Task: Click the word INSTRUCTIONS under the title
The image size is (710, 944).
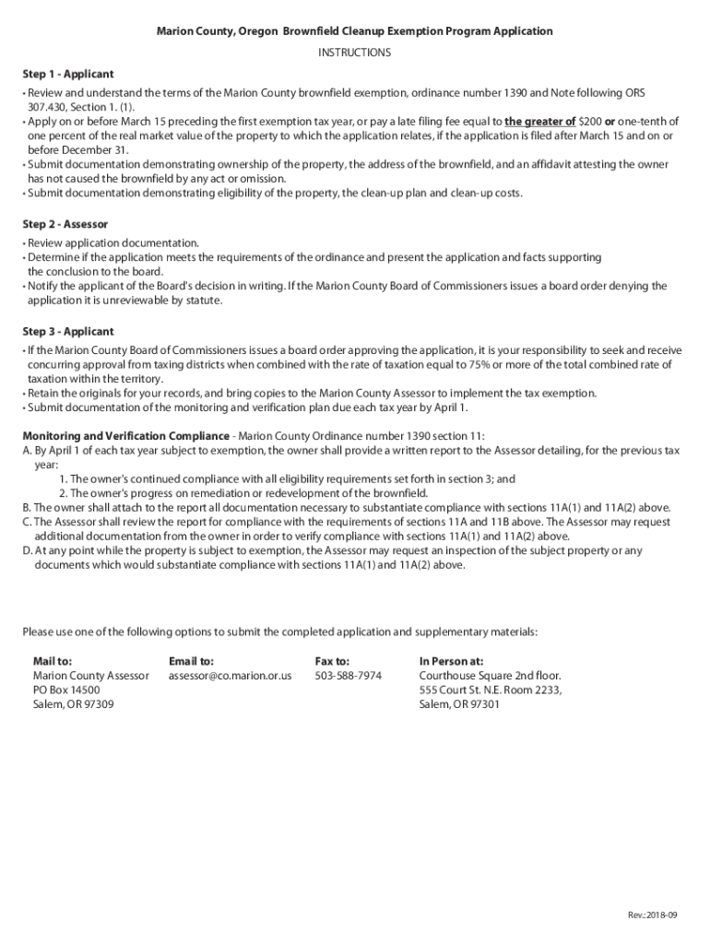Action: click(354, 53)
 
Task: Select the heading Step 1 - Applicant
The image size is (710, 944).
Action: click(68, 74)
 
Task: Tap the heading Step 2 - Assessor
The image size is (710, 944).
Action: click(65, 224)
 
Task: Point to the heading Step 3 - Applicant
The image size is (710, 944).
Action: click(68, 331)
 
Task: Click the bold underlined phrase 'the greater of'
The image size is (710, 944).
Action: click(540, 121)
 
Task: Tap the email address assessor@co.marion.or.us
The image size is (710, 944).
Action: click(230, 676)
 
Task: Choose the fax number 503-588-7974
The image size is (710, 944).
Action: click(348, 676)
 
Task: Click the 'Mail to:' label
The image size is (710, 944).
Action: click(53, 661)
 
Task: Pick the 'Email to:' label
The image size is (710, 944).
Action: click(191, 661)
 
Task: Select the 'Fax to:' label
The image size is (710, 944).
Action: click(332, 661)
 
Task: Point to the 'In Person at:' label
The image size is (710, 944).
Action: click(451, 661)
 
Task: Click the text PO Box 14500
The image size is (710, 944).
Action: click(66, 690)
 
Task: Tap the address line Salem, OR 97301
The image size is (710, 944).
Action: click(459, 705)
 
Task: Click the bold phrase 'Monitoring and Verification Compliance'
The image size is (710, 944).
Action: click(125, 436)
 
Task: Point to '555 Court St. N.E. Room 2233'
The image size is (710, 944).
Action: click(490, 690)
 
